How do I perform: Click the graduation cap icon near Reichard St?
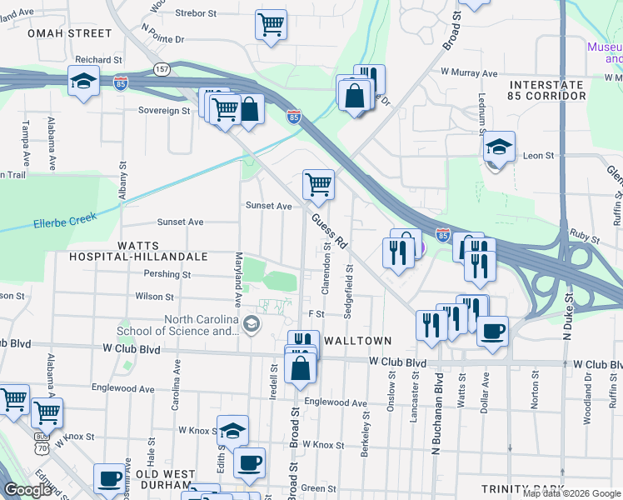84,81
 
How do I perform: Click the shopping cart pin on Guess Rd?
318,184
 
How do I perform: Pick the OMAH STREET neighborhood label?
69,33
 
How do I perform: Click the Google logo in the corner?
27,490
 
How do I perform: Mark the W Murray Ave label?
468,72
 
